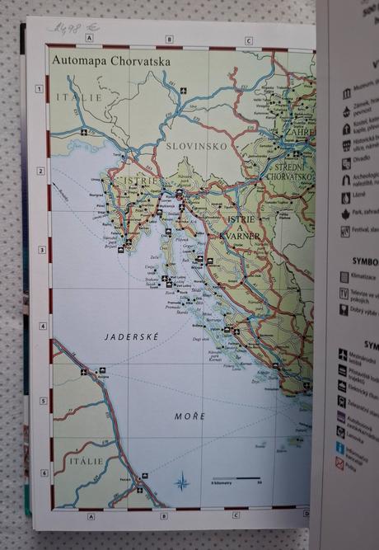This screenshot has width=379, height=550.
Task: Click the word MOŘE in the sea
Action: (189, 416)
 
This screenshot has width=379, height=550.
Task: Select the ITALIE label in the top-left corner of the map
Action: (72, 97)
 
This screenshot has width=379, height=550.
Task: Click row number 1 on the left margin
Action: (39, 90)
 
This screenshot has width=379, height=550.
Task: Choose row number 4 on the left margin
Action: (39, 327)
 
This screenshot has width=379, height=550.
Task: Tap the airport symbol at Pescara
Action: (145, 476)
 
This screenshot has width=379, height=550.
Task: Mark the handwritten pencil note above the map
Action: (68, 28)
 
